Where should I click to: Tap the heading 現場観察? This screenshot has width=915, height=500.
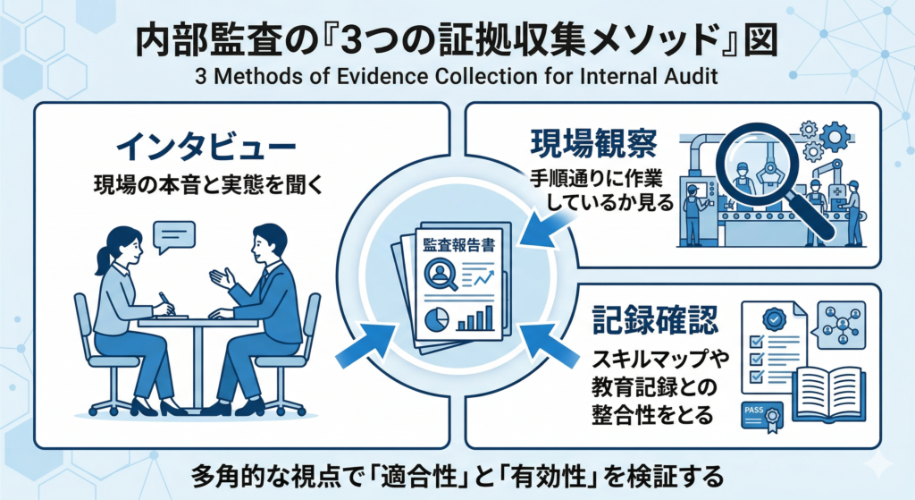[x=583, y=143]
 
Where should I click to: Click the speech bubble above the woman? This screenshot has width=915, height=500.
[x=173, y=234]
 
